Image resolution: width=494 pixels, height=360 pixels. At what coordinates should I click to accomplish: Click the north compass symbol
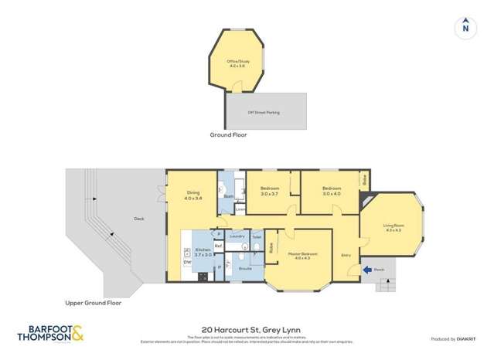pos(465,27)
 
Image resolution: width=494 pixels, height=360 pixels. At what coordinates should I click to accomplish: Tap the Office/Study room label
pos(237,63)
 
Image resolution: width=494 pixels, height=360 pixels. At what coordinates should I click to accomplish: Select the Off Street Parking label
pos(264,113)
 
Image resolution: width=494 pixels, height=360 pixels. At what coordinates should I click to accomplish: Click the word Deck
pos(138,219)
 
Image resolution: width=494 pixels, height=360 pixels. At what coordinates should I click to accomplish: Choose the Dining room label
pos(193,196)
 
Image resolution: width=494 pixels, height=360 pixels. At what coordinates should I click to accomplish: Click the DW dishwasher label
pos(187,263)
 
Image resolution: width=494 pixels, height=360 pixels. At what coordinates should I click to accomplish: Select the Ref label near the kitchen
pos(219,246)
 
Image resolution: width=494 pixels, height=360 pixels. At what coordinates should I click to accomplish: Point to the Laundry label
pos(237,236)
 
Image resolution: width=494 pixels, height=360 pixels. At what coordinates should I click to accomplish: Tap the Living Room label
pos(393,228)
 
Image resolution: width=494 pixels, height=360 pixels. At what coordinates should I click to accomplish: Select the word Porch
pos(379,270)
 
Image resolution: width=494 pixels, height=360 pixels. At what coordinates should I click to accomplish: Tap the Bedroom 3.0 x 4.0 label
pos(332,191)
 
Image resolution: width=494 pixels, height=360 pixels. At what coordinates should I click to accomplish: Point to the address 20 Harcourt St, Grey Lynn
pos(247,328)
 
